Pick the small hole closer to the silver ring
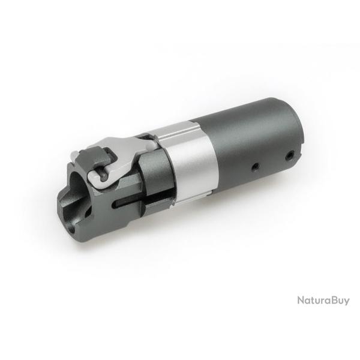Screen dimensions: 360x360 pyautogui.click(x=254, y=165)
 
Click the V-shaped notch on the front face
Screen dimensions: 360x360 pyautogui.click(x=71, y=207)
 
